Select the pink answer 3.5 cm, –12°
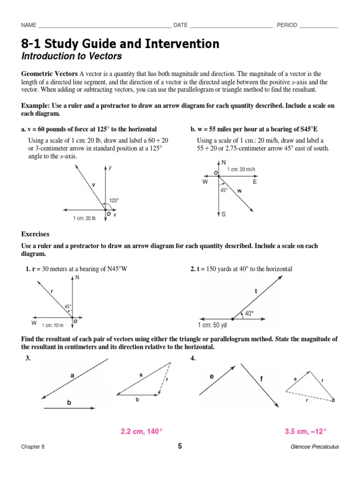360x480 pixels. click(x=306, y=431)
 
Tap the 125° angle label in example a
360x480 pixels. click(x=114, y=200)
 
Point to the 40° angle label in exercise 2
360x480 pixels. click(x=249, y=314)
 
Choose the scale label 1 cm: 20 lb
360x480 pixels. click(x=84, y=218)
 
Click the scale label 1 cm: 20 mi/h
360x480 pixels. click(x=242, y=170)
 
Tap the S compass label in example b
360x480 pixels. click(x=224, y=214)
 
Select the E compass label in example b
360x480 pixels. click(x=255, y=182)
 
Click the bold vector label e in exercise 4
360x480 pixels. click(x=211, y=376)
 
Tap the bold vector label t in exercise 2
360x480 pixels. click(x=256, y=291)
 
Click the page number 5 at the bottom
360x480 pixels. click(x=180, y=446)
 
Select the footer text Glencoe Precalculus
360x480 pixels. click(x=315, y=447)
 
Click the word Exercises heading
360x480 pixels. click(x=35, y=233)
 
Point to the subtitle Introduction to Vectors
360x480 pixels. click(x=71, y=57)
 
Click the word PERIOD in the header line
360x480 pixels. click(x=287, y=25)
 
